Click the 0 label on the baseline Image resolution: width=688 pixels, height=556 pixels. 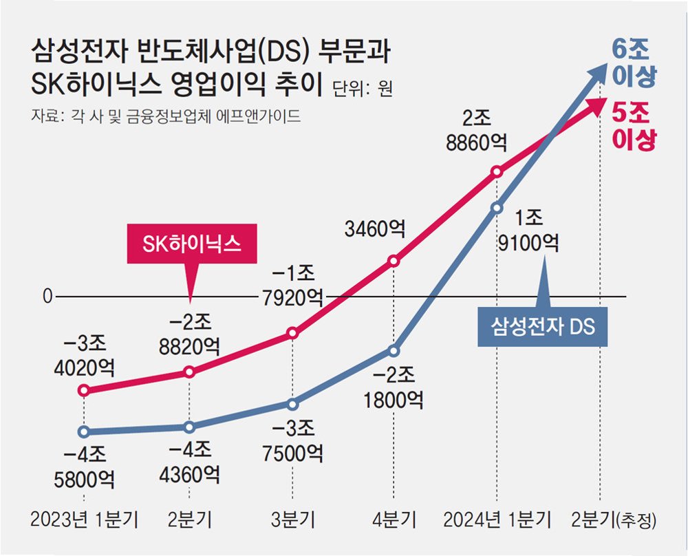pyautogui.click(x=47, y=297)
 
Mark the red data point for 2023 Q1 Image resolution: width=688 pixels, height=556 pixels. pyautogui.click(x=84, y=391)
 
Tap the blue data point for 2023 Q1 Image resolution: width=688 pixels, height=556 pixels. pyautogui.click(x=84, y=432)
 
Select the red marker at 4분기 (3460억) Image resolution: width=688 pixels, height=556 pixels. pyautogui.click(x=394, y=261)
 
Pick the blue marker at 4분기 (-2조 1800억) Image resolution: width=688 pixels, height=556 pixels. pyautogui.click(x=394, y=350)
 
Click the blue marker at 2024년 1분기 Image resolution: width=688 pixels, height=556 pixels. pyautogui.click(x=497, y=206)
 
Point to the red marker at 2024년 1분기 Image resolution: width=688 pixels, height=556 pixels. pyautogui.click(x=497, y=171)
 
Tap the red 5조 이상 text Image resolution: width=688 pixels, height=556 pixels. pyautogui.click(x=632, y=124)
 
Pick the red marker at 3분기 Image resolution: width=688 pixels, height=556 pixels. pyautogui.click(x=292, y=333)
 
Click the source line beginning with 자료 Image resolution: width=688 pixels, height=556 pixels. pyautogui.click(x=166, y=115)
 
